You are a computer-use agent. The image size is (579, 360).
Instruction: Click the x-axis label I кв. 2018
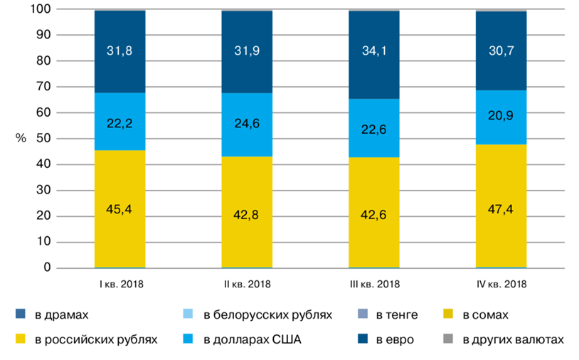pyautogui.click(x=120, y=284)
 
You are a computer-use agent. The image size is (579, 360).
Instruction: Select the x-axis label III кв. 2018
pyautogui.click(x=374, y=284)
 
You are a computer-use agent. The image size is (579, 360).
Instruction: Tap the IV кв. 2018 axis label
pyautogui.click(x=501, y=284)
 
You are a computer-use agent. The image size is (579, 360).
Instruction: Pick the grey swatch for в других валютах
pyautogui.click(x=448, y=339)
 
